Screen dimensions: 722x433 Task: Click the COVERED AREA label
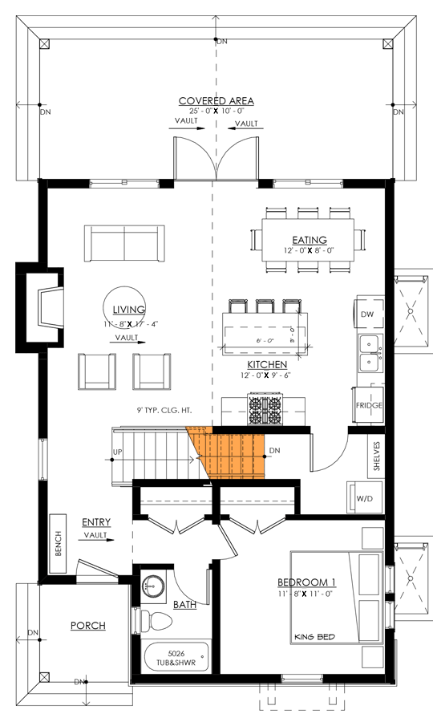click(216, 100)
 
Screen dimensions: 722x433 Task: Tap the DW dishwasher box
click(368, 313)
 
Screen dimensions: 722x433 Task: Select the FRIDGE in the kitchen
click(369, 406)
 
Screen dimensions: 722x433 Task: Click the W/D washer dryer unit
click(364, 499)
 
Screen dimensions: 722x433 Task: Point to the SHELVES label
click(376, 455)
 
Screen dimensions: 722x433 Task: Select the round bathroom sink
click(152, 585)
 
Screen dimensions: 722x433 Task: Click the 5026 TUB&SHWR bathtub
click(176, 658)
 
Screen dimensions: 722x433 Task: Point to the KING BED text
click(314, 637)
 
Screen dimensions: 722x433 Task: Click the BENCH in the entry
click(59, 546)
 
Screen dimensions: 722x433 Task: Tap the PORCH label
click(88, 626)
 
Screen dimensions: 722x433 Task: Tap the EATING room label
click(309, 240)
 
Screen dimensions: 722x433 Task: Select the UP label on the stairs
click(118, 452)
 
